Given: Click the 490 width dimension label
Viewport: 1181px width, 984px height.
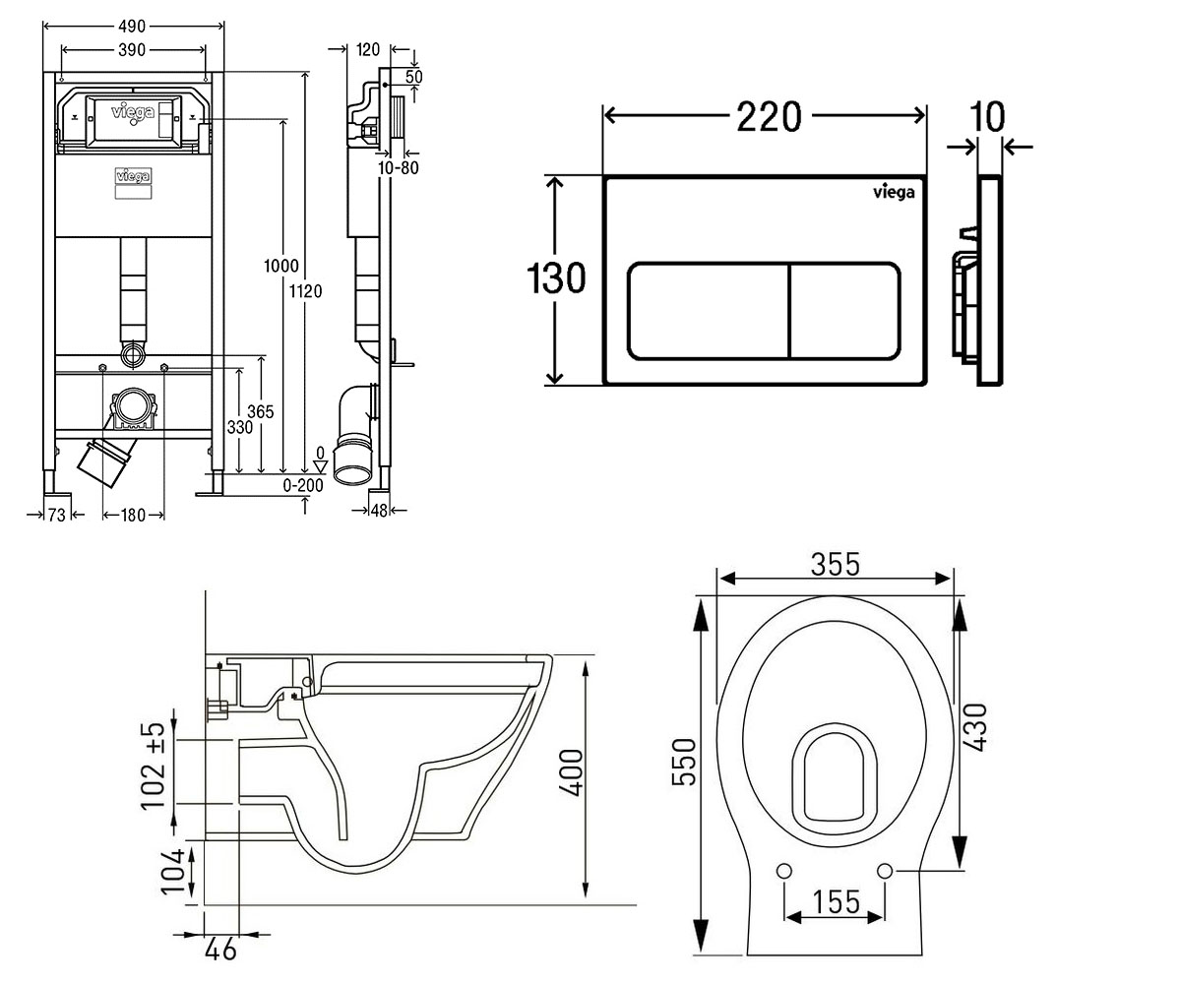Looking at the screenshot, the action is (132, 26).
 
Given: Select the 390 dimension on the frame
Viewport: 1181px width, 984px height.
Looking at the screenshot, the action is (132, 50).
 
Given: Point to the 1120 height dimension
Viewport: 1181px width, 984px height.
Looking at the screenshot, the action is (305, 291).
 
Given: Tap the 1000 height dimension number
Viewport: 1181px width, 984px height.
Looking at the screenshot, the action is (281, 266).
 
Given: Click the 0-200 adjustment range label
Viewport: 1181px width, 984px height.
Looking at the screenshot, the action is (303, 485).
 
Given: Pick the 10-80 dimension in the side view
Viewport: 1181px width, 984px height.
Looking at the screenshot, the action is (399, 167).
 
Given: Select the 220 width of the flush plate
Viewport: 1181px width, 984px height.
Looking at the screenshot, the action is (770, 116).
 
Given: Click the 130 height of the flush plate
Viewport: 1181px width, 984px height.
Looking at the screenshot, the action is (556, 277).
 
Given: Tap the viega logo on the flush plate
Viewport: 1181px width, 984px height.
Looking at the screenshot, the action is (894, 192).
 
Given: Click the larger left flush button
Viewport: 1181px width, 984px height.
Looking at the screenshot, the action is (708, 311).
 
